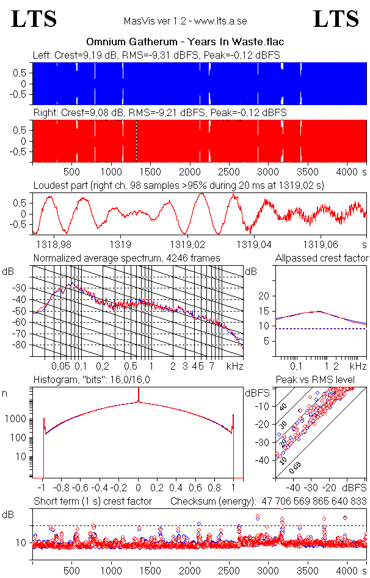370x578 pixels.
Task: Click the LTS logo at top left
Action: pyautogui.click(x=34, y=19)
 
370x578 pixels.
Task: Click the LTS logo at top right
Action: pyautogui.click(x=336, y=19)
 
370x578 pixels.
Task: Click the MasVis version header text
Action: pyautogui.click(x=185, y=21)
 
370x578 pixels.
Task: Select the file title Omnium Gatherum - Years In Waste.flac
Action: pyautogui.click(x=185, y=42)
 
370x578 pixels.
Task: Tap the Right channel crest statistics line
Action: pyautogui.click(x=160, y=113)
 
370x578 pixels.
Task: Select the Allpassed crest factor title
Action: pyautogui.click(x=322, y=258)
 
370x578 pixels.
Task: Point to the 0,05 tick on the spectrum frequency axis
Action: pyautogui.click(x=60, y=366)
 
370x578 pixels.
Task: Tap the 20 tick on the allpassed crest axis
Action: pyautogui.click(x=264, y=296)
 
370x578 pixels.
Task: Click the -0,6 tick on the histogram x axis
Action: pyautogui.click(x=81, y=488)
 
